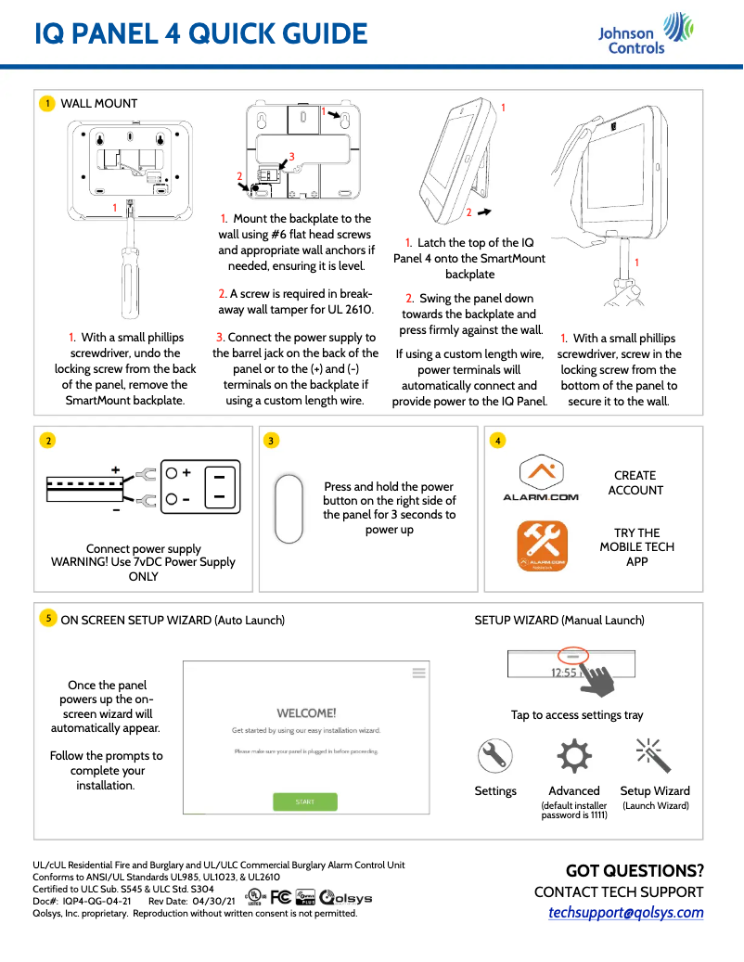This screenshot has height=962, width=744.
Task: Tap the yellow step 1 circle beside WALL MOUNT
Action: click(x=46, y=104)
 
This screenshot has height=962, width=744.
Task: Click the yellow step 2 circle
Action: click(x=46, y=441)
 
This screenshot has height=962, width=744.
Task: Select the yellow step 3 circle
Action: click(x=270, y=441)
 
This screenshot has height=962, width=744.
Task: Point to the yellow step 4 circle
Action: click(x=498, y=441)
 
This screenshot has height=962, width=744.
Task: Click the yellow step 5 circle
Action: click(x=46, y=618)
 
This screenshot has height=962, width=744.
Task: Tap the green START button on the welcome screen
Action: click(x=305, y=802)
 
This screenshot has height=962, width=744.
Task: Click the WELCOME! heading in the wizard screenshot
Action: click(x=306, y=713)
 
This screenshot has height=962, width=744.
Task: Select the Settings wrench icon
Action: click(x=495, y=757)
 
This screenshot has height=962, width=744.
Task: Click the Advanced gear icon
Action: click(x=574, y=757)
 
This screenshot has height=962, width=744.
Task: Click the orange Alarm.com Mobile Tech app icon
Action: click(x=542, y=546)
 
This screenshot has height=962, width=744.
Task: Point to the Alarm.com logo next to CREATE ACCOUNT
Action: click(x=540, y=479)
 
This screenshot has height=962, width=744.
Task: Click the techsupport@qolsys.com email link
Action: click(x=625, y=913)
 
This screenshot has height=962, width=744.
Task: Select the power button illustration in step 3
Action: click(x=291, y=509)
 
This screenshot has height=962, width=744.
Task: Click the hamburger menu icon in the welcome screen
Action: click(x=418, y=673)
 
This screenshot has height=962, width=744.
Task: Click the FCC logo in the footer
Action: click(x=281, y=897)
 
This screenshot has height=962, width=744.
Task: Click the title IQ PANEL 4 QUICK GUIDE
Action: click(x=200, y=34)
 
